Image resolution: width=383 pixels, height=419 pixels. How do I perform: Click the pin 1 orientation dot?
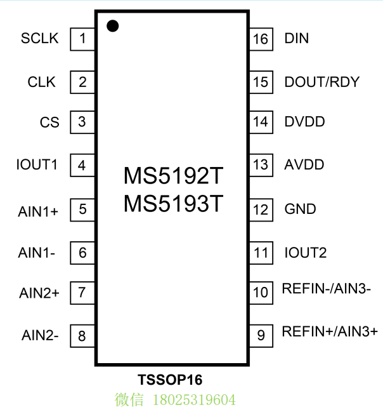point(113,25)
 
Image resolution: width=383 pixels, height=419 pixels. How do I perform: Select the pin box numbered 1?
point(82,39)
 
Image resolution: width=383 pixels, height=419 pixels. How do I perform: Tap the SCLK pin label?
point(39,39)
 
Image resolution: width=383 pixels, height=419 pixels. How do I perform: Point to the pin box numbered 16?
point(260,39)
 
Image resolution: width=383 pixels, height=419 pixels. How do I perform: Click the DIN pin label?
point(297,39)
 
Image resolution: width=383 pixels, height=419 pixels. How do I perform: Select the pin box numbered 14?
point(260,122)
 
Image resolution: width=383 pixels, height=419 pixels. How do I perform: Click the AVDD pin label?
point(304,165)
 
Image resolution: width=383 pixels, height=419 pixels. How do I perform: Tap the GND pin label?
point(301,209)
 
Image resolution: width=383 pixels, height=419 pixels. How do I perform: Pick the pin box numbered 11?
point(260,253)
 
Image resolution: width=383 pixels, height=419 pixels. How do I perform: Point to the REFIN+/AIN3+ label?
point(330,331)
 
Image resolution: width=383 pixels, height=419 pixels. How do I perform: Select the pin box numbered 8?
point(82,336)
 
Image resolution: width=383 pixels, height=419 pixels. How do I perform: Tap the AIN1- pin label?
point(37,253)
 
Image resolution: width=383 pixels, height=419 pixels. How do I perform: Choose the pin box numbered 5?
point(82,209)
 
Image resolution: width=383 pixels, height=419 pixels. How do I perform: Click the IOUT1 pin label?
point(37,166)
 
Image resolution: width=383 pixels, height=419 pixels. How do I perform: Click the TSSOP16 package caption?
point(170,380)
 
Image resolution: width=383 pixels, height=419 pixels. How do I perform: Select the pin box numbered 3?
point(82,122)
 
